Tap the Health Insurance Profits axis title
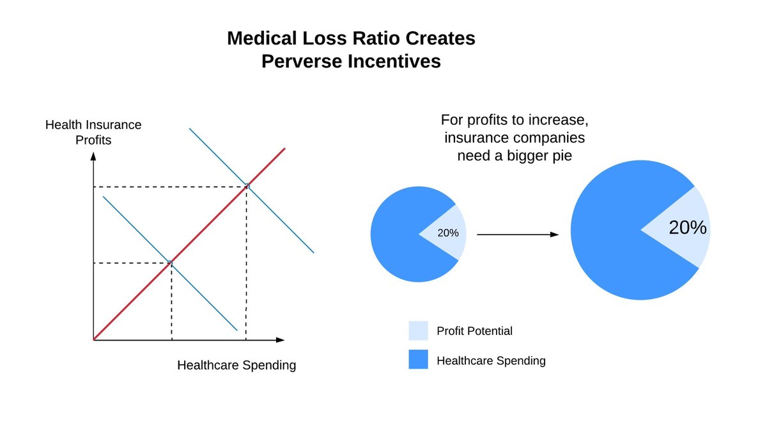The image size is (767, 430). point(93,132)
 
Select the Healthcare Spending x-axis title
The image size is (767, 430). point(236,365)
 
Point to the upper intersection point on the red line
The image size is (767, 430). point(247,186)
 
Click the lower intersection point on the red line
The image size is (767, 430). point(171,262)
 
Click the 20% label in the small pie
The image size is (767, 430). point(447,233)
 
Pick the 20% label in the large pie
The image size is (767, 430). point(687,228)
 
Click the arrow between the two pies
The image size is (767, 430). point(518,234)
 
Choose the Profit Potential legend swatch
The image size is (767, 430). point(418,331)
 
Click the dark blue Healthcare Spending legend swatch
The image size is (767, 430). point(418,360)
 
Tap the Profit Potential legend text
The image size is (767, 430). point(474,331)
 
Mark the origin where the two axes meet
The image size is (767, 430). point(94,339)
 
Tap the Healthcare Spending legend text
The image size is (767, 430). point(491,360)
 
